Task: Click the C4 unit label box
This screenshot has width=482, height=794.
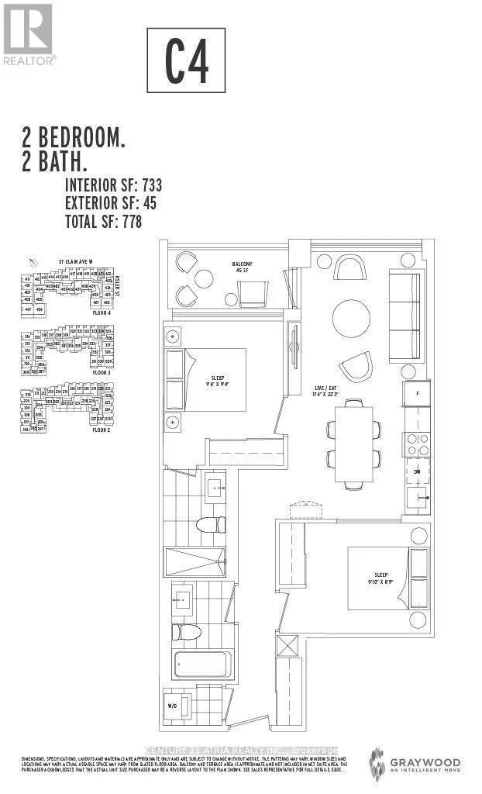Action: (x=186, y=60)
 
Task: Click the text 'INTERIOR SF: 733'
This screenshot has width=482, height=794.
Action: (x=113, y=185)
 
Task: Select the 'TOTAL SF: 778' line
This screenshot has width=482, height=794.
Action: (x=104, y=221)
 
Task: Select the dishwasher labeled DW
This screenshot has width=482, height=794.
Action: (x=416, y=471)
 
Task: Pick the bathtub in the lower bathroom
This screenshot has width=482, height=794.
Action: (x=201, y=665)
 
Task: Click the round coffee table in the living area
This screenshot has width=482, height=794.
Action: (x=351, y=316)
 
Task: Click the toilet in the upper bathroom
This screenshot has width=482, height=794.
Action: (x=209, y=525)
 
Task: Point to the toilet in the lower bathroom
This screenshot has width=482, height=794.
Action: (x=186, y=631)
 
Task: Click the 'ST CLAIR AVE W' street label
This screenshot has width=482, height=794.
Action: (x=76, y=262)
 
